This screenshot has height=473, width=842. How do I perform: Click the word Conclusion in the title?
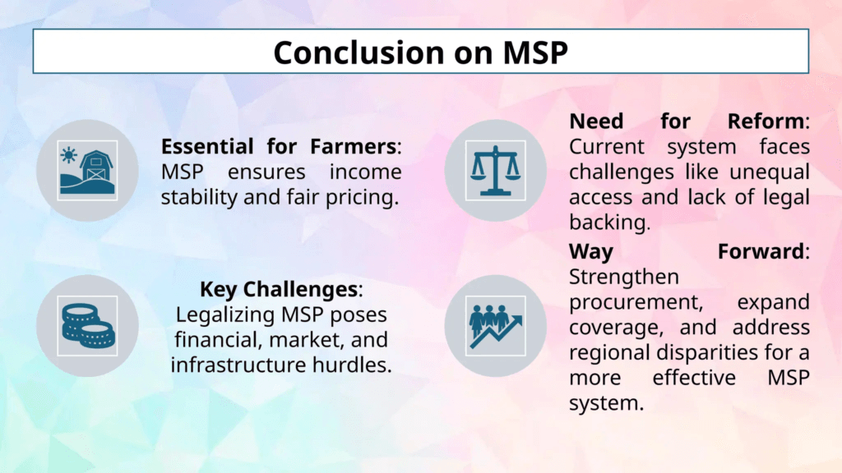[x=359, y=53]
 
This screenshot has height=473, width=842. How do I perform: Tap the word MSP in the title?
[x=535, y=53]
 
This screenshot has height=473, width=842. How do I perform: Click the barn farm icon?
[x=87, y=171]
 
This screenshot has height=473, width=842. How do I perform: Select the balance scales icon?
[x=496, y=171]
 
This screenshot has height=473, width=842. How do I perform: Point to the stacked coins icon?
[x=87, y=326]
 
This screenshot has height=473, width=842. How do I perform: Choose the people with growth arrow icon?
[x=496, y=326]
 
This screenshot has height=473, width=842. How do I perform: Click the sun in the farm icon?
[x=69, y=155]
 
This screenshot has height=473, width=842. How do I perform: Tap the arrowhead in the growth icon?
[x=516, y=321]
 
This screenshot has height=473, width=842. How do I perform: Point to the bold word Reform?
[x=766, y=122]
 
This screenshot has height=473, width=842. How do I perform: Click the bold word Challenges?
[x=301, y=290]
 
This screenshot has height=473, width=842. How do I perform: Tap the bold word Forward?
[x=761, y=251]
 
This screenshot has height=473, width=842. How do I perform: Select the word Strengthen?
[x=624, y=278]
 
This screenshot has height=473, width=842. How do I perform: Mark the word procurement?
[x=636, y=302]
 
